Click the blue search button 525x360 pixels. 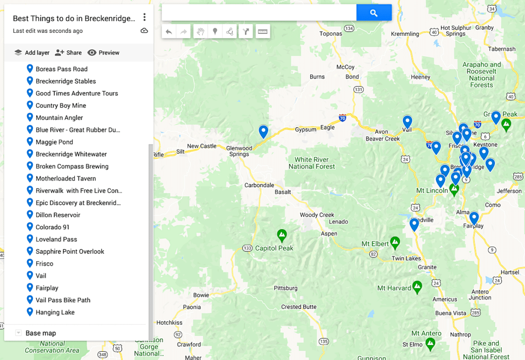coord(374,13)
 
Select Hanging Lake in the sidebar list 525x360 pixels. coord(55,312)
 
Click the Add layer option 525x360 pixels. coord(32,52)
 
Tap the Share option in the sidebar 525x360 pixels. coord(68,52)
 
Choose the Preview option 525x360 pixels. coord(103,52)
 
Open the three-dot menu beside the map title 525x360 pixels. coord(145,18)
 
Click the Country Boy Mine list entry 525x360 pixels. coord(60,106)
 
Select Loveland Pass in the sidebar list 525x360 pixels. coord(56,239)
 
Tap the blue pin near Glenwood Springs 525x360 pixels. coord(264,131)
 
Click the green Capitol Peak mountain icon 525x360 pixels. coord(281,235)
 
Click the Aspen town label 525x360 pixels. coord(329,233)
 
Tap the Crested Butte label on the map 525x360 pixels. coord(298,307)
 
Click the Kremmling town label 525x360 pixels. coord(405,34)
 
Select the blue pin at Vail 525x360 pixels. coord(408,122)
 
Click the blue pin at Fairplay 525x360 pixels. coord(474,218)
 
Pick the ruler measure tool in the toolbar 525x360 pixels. coord(262,32)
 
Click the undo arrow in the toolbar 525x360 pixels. coord(169,32)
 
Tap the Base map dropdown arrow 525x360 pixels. coord(18,333)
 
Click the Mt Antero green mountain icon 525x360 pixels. coord(430,342)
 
